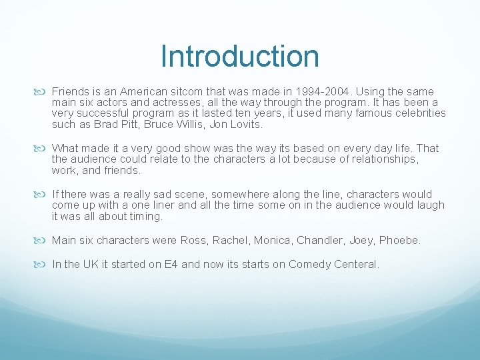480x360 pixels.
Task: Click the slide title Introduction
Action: [240, 57]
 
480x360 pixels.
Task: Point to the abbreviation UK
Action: [90, 264]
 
